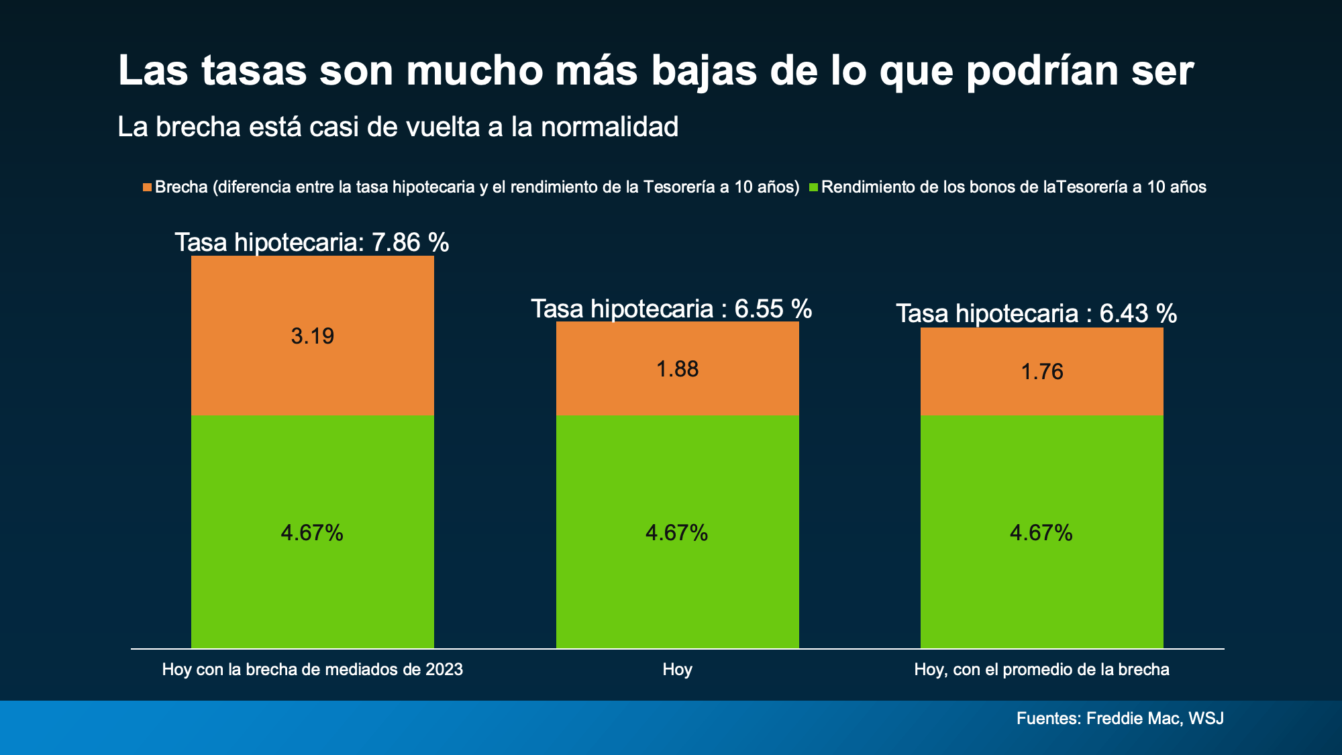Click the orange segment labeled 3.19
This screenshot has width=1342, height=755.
point(313,336)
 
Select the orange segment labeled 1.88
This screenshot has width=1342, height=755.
point(678,368)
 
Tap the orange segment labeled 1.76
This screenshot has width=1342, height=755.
point(1042,372)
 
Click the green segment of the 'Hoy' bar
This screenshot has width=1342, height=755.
point(678,532)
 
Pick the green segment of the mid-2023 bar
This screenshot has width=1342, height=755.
point(313,532)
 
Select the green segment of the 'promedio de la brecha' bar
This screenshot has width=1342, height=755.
point(1042,532)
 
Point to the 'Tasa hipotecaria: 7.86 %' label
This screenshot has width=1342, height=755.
point(312,242)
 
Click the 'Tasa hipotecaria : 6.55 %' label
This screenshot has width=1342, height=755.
point(672,309)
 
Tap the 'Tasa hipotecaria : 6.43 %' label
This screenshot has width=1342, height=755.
point(1037,313)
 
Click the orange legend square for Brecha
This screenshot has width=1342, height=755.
point(147,187)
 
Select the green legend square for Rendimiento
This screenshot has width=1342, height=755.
point(813,187)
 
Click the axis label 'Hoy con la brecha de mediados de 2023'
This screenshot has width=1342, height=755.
point(313,670)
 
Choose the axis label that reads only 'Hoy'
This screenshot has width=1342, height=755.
point(678,670)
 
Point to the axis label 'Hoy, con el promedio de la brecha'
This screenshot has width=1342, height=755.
point(1042,670)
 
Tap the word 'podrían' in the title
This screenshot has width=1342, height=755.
point(1042,70)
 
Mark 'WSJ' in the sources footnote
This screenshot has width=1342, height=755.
point(1206,719)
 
